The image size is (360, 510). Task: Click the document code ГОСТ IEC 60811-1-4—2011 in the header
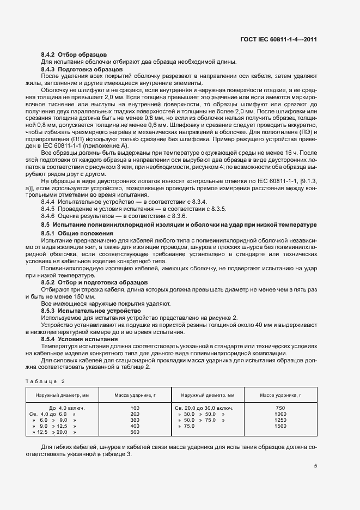click(278, 39)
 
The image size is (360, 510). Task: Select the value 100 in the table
click(135, 408)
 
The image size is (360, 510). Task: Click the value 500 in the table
click(135, 432)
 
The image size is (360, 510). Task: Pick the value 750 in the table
click(280, 408)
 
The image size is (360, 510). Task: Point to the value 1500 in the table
click(280, 426)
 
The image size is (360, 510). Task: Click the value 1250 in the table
click(280, 420)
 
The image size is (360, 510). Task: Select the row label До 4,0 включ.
click(66, 408)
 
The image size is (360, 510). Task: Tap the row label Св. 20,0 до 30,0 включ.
click(204, 408)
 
